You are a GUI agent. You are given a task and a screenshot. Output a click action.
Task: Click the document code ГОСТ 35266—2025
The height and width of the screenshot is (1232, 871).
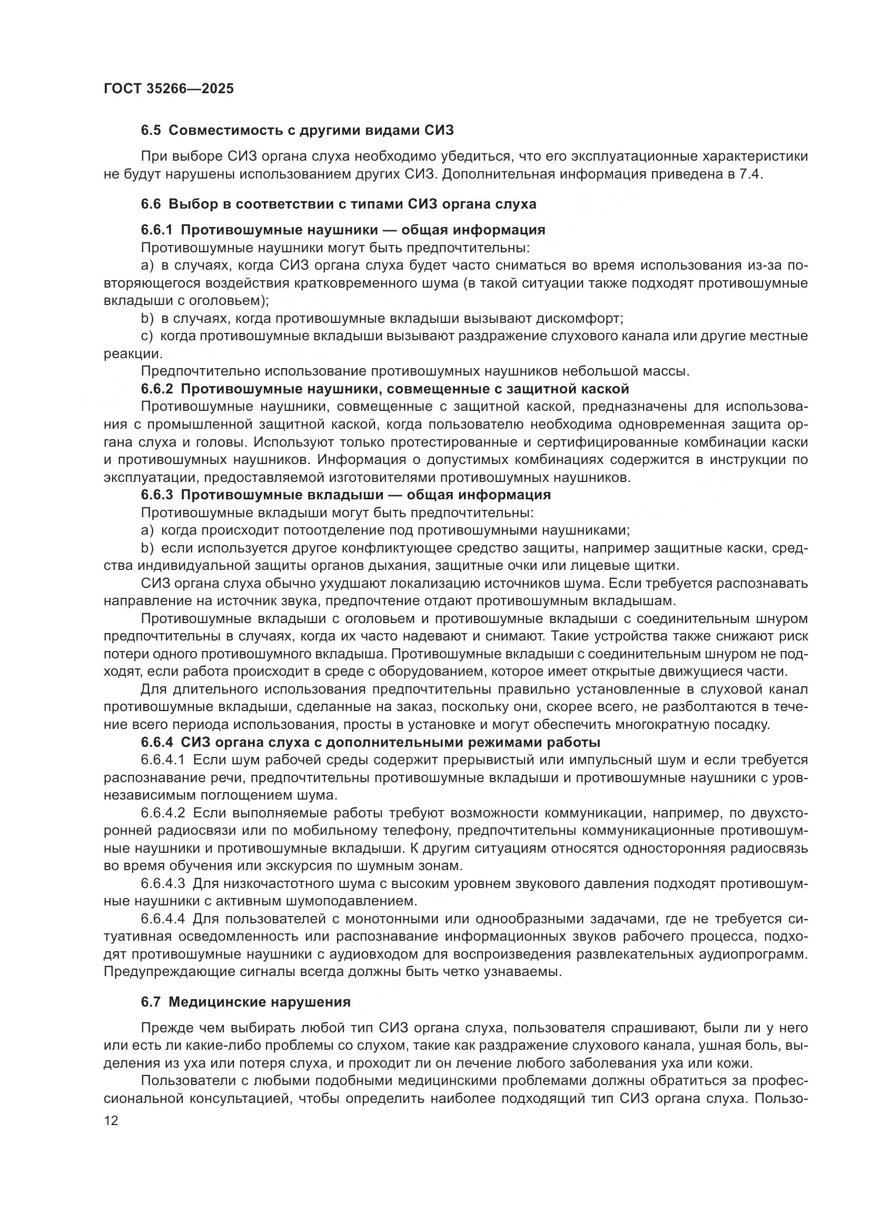click(169, 88)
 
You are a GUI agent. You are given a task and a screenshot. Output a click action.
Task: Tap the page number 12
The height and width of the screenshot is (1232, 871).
click(111, 1121)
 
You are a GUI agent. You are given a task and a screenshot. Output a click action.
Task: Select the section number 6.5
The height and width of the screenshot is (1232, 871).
click(151, 131)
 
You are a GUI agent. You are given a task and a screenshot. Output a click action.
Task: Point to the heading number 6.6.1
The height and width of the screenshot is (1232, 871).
click(156, 230)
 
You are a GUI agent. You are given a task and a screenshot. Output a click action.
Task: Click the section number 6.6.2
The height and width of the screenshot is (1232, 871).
click(156, 389)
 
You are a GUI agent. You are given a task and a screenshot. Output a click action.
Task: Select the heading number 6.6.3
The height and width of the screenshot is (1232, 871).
click(156, 495)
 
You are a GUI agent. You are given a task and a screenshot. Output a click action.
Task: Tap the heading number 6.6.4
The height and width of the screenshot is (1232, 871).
click(156, 743)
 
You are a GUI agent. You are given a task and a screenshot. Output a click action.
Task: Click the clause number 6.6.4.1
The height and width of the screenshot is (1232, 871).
click(163, 761)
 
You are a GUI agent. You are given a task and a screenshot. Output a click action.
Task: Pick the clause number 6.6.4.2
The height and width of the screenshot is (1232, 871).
click(163, 813)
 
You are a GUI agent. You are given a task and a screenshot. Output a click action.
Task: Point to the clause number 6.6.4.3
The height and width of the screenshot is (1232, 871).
click(163, 884)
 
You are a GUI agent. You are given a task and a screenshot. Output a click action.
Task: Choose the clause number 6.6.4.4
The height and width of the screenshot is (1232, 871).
click(163, 919)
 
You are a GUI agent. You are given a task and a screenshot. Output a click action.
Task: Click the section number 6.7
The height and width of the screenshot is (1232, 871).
click(151, 1002)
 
